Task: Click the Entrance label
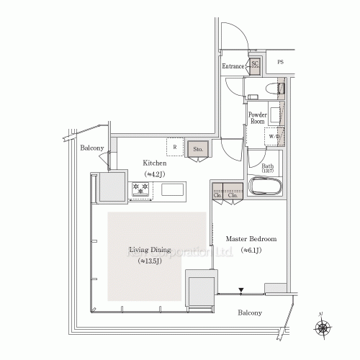click(233, 66)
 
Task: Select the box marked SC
click(255, 64)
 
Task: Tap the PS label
click(279, 63)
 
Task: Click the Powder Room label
click(258, 118)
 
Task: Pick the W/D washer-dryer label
click(275, 136)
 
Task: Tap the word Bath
click(258, 166)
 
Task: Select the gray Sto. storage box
click(198, 149)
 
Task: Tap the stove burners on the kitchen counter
click(140, 190)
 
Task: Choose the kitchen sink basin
click(172, 190)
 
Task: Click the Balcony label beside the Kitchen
click(92, 148)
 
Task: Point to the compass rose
click(323, 328)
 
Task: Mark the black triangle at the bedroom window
click(242, 290)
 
